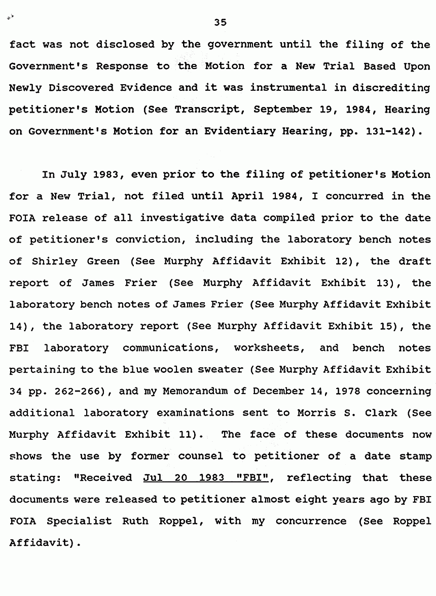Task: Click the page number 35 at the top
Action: (220, 22)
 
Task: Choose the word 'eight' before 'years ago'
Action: (299, 499)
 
